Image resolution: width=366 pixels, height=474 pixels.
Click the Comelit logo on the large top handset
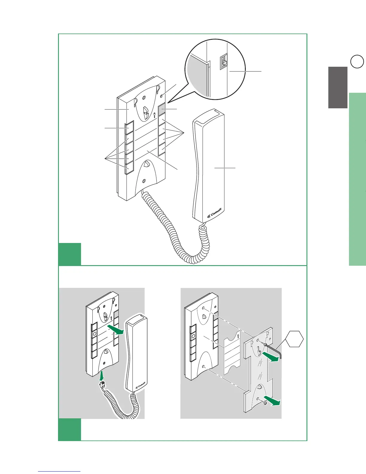point(215,214)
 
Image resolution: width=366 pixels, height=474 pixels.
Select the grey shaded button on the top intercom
point(161,110)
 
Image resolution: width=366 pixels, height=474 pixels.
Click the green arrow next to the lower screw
point(274,402)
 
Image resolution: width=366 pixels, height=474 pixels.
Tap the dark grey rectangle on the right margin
point(338,87)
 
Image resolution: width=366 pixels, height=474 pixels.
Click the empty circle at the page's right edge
point(357,62)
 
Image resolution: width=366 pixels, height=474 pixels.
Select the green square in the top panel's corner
point(70,254)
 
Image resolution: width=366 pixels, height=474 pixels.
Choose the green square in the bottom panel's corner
point(70,429)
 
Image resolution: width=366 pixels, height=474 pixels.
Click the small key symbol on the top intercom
point(154,114)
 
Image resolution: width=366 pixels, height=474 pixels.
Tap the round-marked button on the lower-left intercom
point(94,333)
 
